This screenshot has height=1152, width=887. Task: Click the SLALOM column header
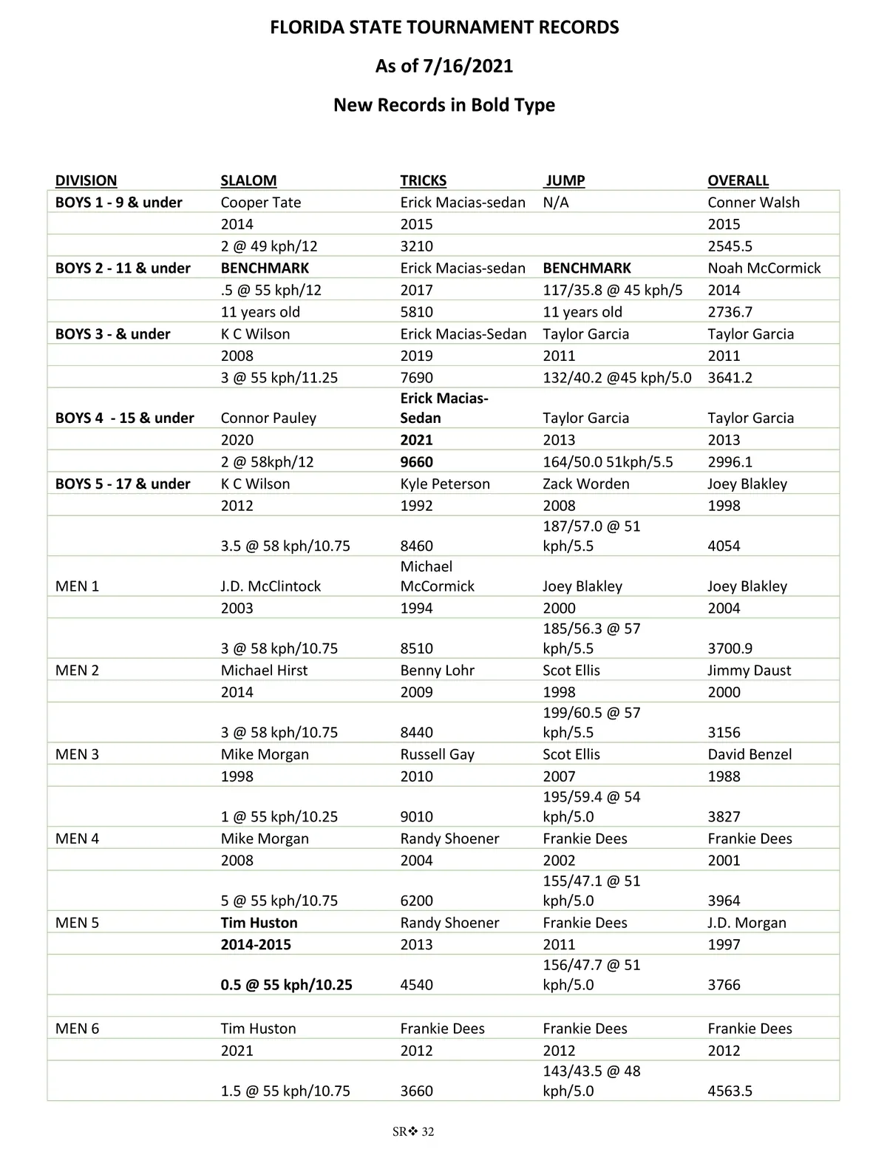pyautogui.click(x=248, y=180)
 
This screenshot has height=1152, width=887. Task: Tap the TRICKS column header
pyautogui.click(x=423, y=180)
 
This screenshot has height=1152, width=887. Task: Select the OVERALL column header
pyautogui.click(x=738, y=180)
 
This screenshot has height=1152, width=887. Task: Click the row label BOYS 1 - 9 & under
pyautogui.click(x=118, y=203)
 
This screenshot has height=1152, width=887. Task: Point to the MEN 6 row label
pyautogui.click(x=77, y=1029)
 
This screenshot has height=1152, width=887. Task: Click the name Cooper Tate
pyautogui.click(x=260, y=203)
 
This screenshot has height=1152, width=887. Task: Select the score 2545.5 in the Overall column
pyautogui.click(x=730, y=246)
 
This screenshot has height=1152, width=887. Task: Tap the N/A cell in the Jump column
pyautogui.click(x=555, y=203)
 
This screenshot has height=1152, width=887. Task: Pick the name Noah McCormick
pyautogui.click(x=764, y=268)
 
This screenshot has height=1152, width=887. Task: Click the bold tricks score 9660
pyautogui.click(x=416, y=462)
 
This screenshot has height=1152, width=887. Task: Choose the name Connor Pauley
pyautogui.click(x=268, y=418)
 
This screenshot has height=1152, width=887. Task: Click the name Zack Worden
pyautogui.click(x=585, y=484)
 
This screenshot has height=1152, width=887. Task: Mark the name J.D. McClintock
pyautogui.click(x=271, y=586)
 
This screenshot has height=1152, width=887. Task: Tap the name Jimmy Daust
pyautogui.click(x=749, y=671)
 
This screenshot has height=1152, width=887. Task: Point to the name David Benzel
pyautogui.click(x=750, y=754)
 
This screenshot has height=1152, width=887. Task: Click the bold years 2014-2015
pyautogui.click(x=256, y=945)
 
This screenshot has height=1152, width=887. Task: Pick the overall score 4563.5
pyautogui.click(x=730, y=1091)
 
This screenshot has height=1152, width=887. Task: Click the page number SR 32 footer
pyautogui.click(x=413, y=1131)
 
